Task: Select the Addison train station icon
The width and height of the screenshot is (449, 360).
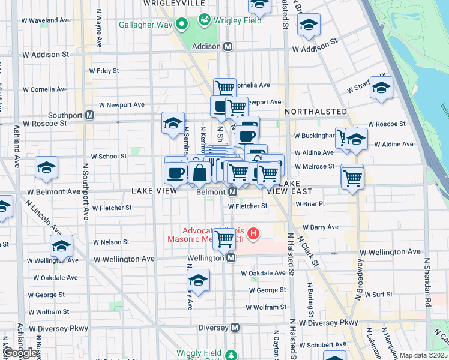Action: point(228,46)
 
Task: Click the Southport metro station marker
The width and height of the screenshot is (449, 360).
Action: point(89,115)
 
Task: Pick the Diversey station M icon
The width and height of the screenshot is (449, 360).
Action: point(235,328)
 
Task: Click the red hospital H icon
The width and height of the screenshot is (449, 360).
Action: point(253,233)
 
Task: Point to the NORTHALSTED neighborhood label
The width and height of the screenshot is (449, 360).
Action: point(316,112)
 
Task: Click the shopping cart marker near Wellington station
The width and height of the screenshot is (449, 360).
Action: point(224,238)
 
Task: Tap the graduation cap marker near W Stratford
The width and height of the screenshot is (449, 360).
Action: point(381,88)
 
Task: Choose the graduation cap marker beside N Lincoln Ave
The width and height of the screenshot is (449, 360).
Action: point(61,246)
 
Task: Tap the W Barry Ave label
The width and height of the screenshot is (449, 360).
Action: point(321,227)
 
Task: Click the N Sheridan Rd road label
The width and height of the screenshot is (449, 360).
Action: point(428,281)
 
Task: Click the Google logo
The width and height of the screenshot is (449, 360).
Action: point(21,353)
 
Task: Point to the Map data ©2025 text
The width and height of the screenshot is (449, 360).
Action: point(423,355)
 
